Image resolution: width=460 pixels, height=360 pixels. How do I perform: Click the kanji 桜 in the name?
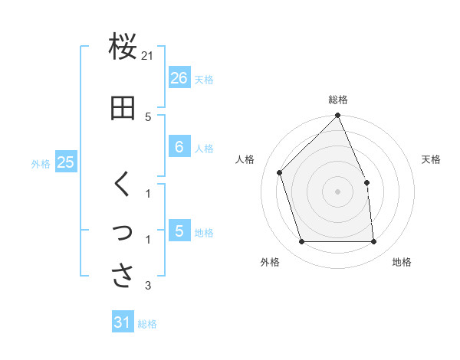(x=123, y=47)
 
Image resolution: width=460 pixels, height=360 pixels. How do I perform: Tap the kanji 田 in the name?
(x=123, y=109)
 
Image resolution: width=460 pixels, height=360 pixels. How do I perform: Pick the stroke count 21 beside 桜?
(x=148, y=56)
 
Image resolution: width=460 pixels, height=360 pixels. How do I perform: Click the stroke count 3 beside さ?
(x=148, y=286)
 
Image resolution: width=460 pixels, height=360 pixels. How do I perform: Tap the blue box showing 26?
(x=179, y=78)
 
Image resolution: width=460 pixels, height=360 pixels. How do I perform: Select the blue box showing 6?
(x=179, y=147)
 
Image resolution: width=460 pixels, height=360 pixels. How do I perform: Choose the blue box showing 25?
(x=66, y=162)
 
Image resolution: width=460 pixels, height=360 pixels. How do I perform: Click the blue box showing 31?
(x=123, y=322)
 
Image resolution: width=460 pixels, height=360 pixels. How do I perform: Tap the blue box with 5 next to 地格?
(x=179, y=231)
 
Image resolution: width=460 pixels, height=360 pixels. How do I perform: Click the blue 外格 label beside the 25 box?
(x=41, y=163)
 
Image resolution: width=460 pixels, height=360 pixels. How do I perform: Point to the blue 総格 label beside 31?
(x=147, y=324)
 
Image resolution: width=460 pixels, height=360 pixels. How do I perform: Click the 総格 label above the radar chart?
(x=338, y=100)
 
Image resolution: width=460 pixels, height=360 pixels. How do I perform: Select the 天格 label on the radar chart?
(x=431, y=159)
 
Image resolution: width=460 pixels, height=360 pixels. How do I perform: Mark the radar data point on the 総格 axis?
(x=337, y=116)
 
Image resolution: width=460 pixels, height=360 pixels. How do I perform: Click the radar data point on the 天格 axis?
(x=366, y=182)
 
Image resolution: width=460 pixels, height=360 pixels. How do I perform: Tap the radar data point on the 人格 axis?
(x=280, y=172)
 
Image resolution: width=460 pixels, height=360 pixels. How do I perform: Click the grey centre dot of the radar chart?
(x=337, y=191)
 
